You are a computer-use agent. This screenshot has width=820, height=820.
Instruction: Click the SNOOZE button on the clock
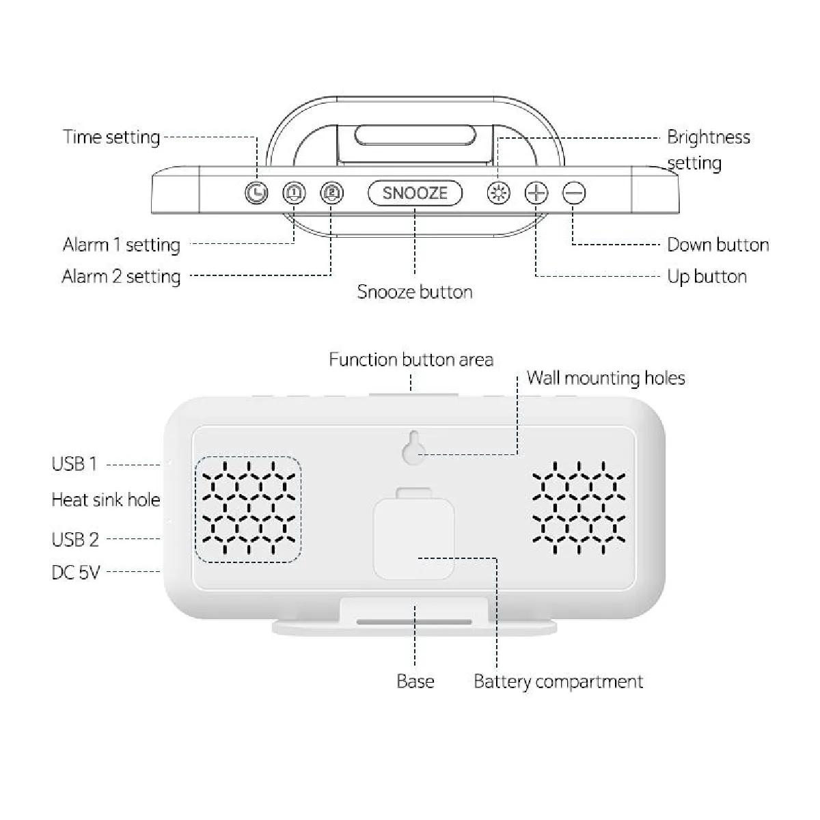[415, 193]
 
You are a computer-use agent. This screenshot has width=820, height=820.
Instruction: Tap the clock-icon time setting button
[256, 193]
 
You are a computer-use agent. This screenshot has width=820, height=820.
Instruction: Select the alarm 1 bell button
[294, 193]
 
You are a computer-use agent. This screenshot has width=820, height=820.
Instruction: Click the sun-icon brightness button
[498, 193]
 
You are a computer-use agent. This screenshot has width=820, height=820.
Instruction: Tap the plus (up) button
[536, 193]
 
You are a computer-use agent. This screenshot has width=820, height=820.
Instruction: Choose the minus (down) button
[574, 193]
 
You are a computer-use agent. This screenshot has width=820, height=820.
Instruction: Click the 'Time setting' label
[111, 137]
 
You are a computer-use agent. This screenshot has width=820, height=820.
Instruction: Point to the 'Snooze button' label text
[415, 292]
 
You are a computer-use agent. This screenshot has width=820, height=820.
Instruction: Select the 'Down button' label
[717, 245]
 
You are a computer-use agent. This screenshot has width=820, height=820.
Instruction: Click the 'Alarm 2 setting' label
[121, 277]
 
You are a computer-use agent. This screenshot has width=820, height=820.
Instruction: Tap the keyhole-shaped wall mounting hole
[413, 448]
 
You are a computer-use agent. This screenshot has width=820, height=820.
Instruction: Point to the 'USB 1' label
[74, 464]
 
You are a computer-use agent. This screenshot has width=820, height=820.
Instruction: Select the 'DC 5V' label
[76, 572]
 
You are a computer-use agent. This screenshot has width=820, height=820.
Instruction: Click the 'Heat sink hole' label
[106, 500]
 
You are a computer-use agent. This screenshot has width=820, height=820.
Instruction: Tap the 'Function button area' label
[411, 359]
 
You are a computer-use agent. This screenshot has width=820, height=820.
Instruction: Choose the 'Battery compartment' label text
[558, 681]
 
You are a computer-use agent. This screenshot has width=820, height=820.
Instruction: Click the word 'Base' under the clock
[415, 681]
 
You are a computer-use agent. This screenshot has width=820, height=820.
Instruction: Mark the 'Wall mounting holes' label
[605, 378]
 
